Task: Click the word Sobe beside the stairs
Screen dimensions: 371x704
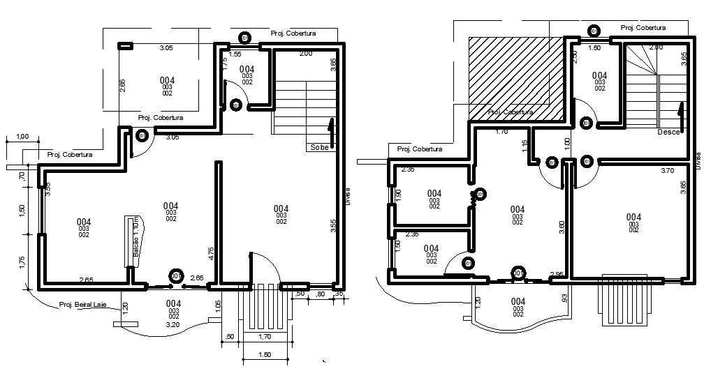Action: [320, 148]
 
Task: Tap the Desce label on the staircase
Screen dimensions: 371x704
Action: [668, 132]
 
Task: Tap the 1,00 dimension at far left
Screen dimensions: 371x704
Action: [22, 136]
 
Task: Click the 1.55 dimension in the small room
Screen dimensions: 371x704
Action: [235, 54]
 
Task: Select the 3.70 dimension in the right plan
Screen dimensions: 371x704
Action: [666, 169]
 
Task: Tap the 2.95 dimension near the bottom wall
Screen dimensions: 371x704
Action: [557, 274]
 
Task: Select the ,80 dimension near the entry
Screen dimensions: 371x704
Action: [321, 294]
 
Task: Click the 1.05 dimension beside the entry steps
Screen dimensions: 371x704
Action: [218, 304]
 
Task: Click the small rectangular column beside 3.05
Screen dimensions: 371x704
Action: [125, 46]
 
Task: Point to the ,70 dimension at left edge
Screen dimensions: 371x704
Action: [22, 178]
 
